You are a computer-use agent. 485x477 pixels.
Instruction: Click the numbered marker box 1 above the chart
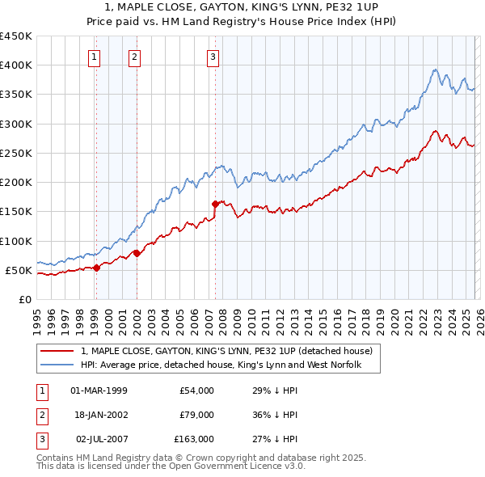point(95,57)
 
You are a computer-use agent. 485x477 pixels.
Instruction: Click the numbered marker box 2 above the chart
point(133,57)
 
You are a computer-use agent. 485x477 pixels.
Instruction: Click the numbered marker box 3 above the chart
point(212,57)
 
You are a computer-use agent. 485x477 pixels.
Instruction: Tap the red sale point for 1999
point(96,268)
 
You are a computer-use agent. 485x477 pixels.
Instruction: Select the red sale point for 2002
point(137,253)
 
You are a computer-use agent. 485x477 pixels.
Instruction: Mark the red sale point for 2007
point(215,204)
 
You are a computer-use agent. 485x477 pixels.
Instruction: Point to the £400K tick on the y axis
point(16,65)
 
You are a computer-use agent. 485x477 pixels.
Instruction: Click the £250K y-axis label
point(16,153)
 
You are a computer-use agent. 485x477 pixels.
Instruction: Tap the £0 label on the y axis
point(24,299)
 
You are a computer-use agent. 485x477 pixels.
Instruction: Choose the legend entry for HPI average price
point(220,365)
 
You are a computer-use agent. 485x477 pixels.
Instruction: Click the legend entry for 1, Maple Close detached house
point(226,351)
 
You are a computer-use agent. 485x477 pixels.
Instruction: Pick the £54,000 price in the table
point(196,390)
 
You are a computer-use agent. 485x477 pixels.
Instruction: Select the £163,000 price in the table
point(194,439)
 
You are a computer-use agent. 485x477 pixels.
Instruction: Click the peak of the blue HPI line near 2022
point(435,70)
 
